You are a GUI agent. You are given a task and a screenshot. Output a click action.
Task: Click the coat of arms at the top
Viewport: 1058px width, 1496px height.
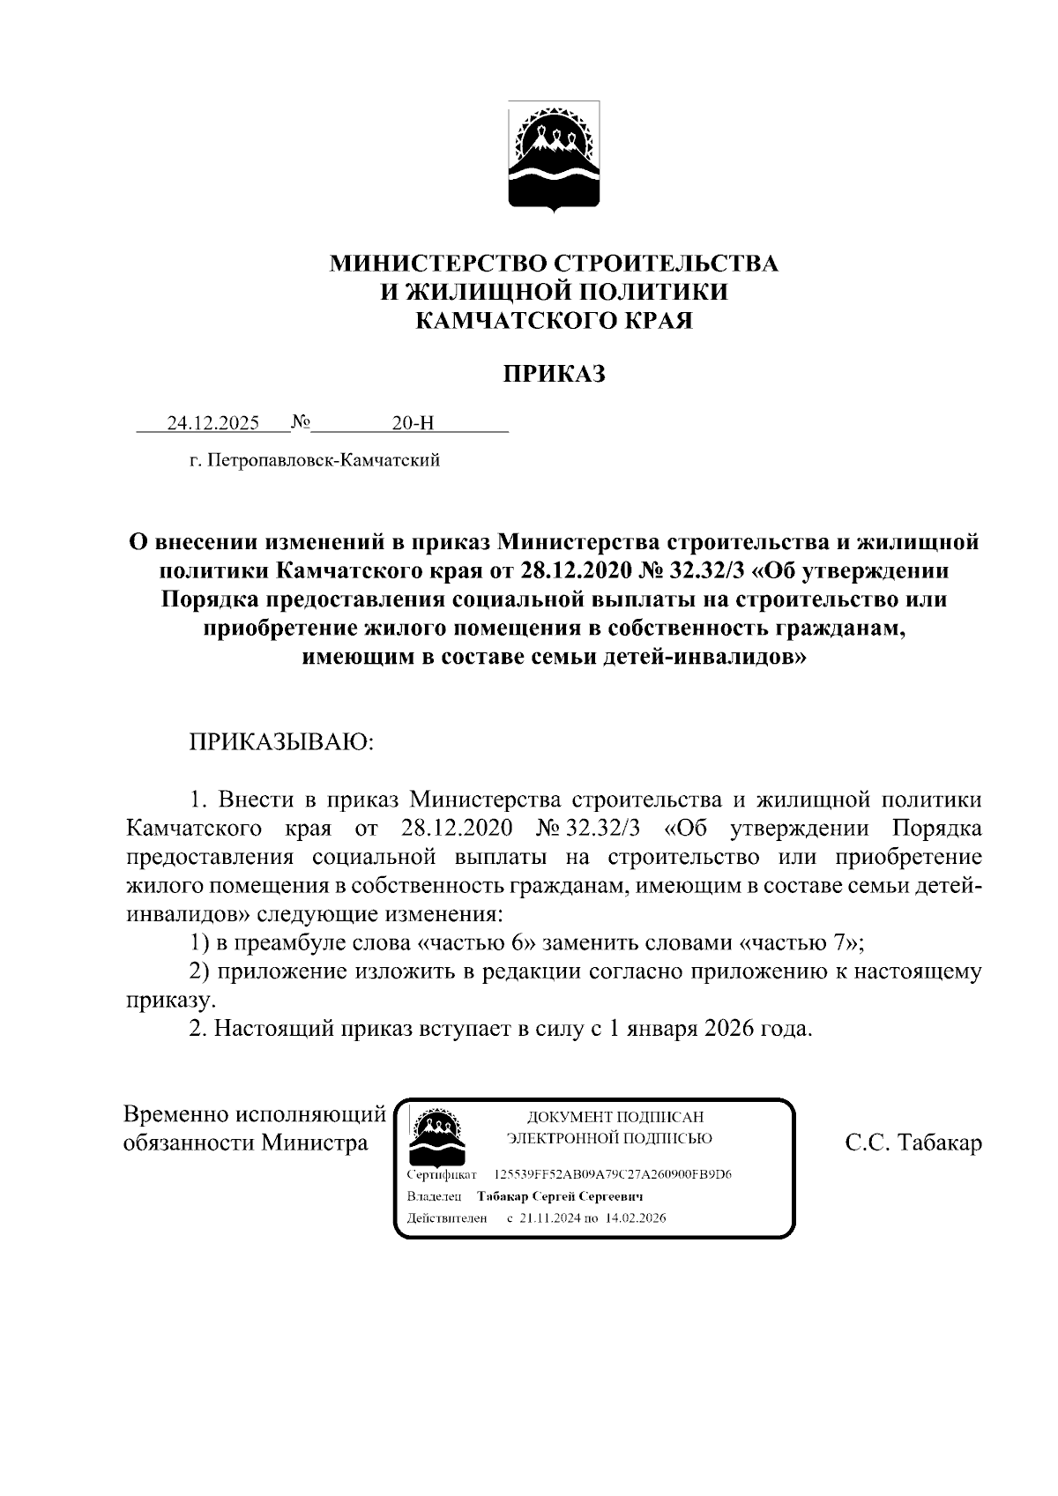click(555, 156)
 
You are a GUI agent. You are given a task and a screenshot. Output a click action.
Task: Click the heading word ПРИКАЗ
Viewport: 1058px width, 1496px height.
click(555, 375)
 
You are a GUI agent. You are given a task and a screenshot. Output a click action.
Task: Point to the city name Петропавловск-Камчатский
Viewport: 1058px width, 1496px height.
click(323, 460)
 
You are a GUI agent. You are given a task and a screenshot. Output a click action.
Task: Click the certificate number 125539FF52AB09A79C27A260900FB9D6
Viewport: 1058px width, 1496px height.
click(613, 1175)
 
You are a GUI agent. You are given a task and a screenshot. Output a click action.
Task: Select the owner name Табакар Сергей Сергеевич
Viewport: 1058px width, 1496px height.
click(559, 1196)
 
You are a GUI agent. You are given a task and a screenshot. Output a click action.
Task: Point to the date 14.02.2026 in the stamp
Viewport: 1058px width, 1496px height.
click(636, 1218)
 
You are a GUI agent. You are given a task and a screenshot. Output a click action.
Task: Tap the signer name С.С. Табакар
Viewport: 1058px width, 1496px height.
click(913, 1143)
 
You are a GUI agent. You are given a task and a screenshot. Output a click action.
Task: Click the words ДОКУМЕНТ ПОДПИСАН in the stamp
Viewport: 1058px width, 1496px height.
click(615, 1117)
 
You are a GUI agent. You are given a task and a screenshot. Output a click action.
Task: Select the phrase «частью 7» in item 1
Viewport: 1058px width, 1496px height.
click(799, 943)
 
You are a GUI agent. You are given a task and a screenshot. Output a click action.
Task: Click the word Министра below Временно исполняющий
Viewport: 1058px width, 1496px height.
click(313, 1143)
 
